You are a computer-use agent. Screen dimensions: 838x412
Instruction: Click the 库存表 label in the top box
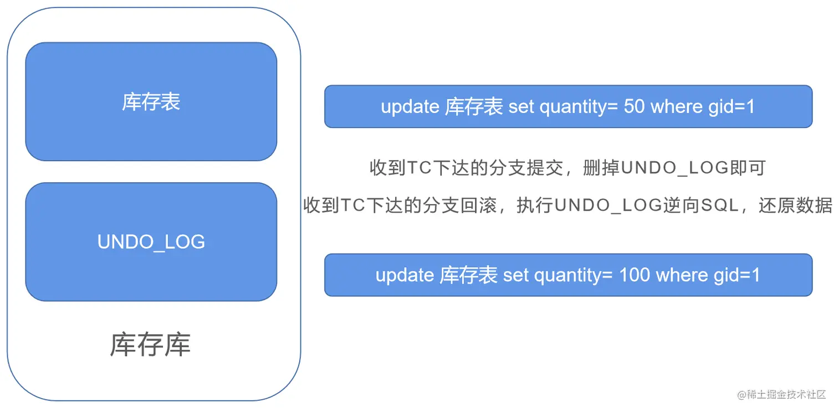(x=151, y=102)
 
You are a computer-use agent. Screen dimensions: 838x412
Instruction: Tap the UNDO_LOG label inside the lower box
(x=151, y=242)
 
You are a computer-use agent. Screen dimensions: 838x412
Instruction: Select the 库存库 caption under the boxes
(x=150, y=345)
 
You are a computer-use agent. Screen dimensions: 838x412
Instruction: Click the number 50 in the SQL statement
(x=634, y=106)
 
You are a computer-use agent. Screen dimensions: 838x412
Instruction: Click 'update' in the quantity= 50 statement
(x=410, y=106)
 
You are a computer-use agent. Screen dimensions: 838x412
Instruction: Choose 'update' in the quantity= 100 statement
(x=405, y=275)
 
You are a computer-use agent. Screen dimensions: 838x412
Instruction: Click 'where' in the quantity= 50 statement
(x=676, y=106)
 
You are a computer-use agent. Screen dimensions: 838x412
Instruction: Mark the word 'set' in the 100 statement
(x=515, y=275)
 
